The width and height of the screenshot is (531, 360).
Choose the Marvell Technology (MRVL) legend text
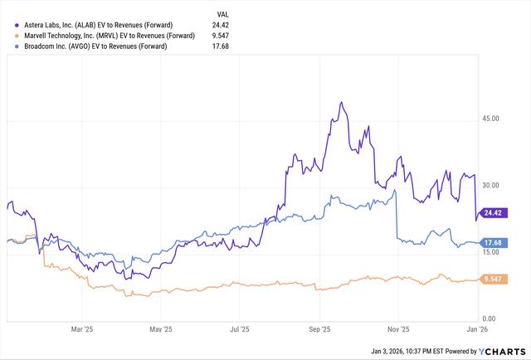click(105, 36)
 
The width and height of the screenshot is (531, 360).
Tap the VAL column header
click(222, 15)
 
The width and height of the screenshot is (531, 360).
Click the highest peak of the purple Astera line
click(341, 103)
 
